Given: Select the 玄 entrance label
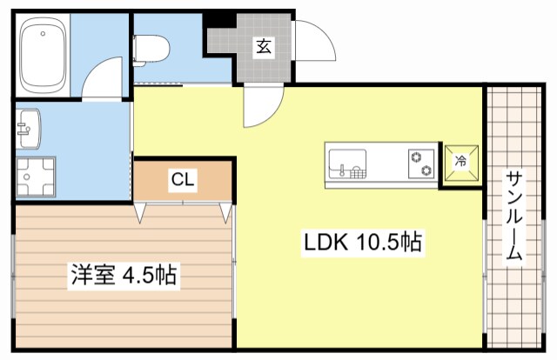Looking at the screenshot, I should click(263, 47).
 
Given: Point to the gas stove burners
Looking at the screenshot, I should click(422, 163).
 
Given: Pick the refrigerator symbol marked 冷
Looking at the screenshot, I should click(461, 162).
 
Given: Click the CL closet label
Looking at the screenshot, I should click(183, 181).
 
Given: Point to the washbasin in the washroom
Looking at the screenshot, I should click(26, 129).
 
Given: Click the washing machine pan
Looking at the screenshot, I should click(36, 177).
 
